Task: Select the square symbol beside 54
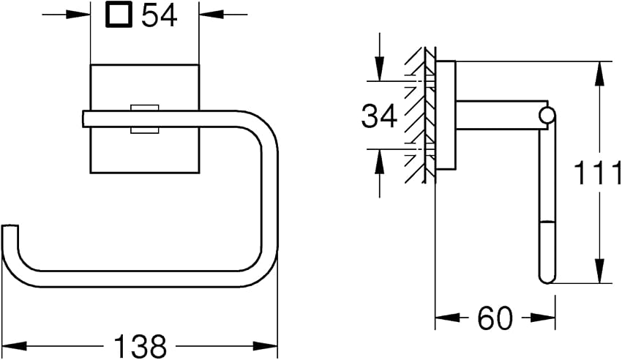(x=119, y=16)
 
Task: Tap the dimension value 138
(x=140, y=345)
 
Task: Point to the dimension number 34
(x=379, y=116)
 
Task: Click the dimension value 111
(x=597, y=173)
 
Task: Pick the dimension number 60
(x=495, y=318)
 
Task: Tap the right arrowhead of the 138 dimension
(x=266, y=345)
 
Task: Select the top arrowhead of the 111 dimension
(x=600, y=73)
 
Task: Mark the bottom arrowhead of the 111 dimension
(x=600, y=271)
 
